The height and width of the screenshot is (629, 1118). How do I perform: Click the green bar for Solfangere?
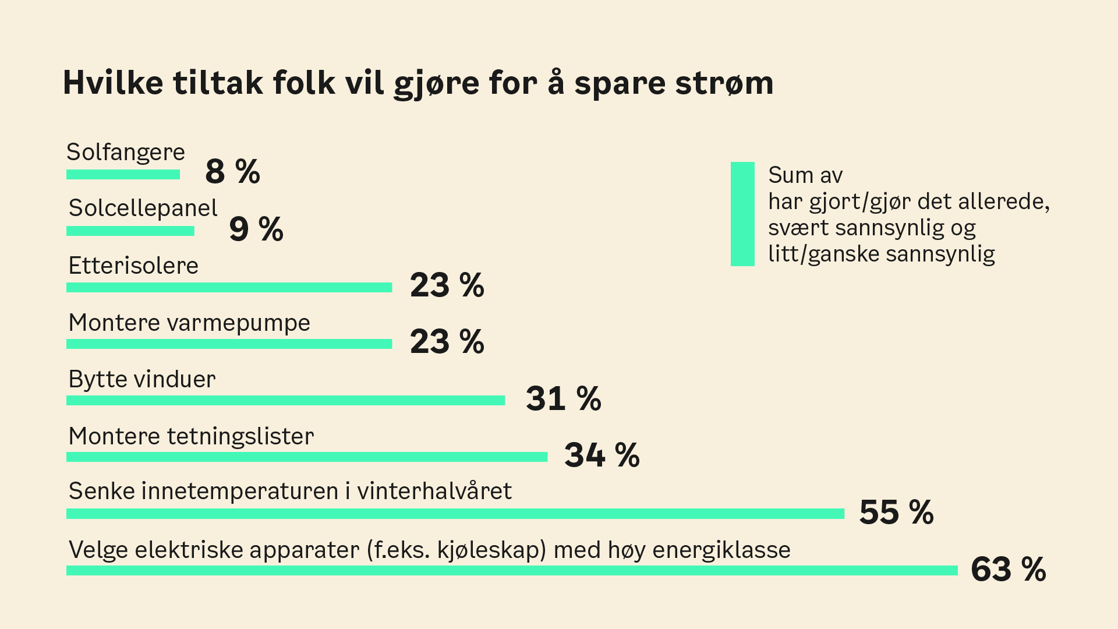[123, 175]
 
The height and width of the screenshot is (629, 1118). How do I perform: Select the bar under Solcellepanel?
[130, 231]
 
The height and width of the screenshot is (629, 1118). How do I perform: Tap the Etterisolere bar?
[229, 288]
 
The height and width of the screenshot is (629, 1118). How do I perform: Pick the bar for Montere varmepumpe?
[229, 344]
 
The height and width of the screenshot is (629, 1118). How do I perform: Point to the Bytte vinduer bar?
[285, 401]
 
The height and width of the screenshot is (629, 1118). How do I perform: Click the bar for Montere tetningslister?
[307, 457]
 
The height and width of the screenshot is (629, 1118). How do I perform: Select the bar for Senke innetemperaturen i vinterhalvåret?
[455, 514]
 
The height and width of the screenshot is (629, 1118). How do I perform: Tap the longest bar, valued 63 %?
[512, 571]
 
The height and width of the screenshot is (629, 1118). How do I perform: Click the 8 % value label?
[232, 172]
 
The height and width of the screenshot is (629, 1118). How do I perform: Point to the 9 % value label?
[256, 228]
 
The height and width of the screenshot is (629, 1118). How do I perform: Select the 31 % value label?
[563, 399]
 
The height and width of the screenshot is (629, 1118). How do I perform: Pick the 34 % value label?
[602, 455]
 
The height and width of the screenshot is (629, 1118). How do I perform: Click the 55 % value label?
[896, 513]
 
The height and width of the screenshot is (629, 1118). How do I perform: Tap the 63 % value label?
[1008, 569]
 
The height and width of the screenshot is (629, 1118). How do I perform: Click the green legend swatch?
[742, 214]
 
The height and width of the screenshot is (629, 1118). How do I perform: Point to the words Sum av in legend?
[805, 175]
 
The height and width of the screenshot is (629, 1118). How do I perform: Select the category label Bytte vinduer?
[142, 379]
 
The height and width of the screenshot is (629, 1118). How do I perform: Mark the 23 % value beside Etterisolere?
[447, 285]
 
